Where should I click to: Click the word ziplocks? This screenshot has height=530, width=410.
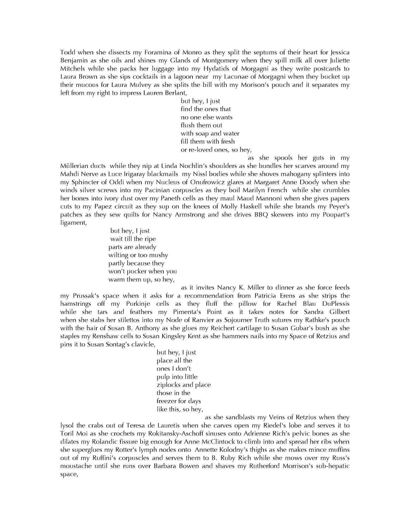pos(168,385)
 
